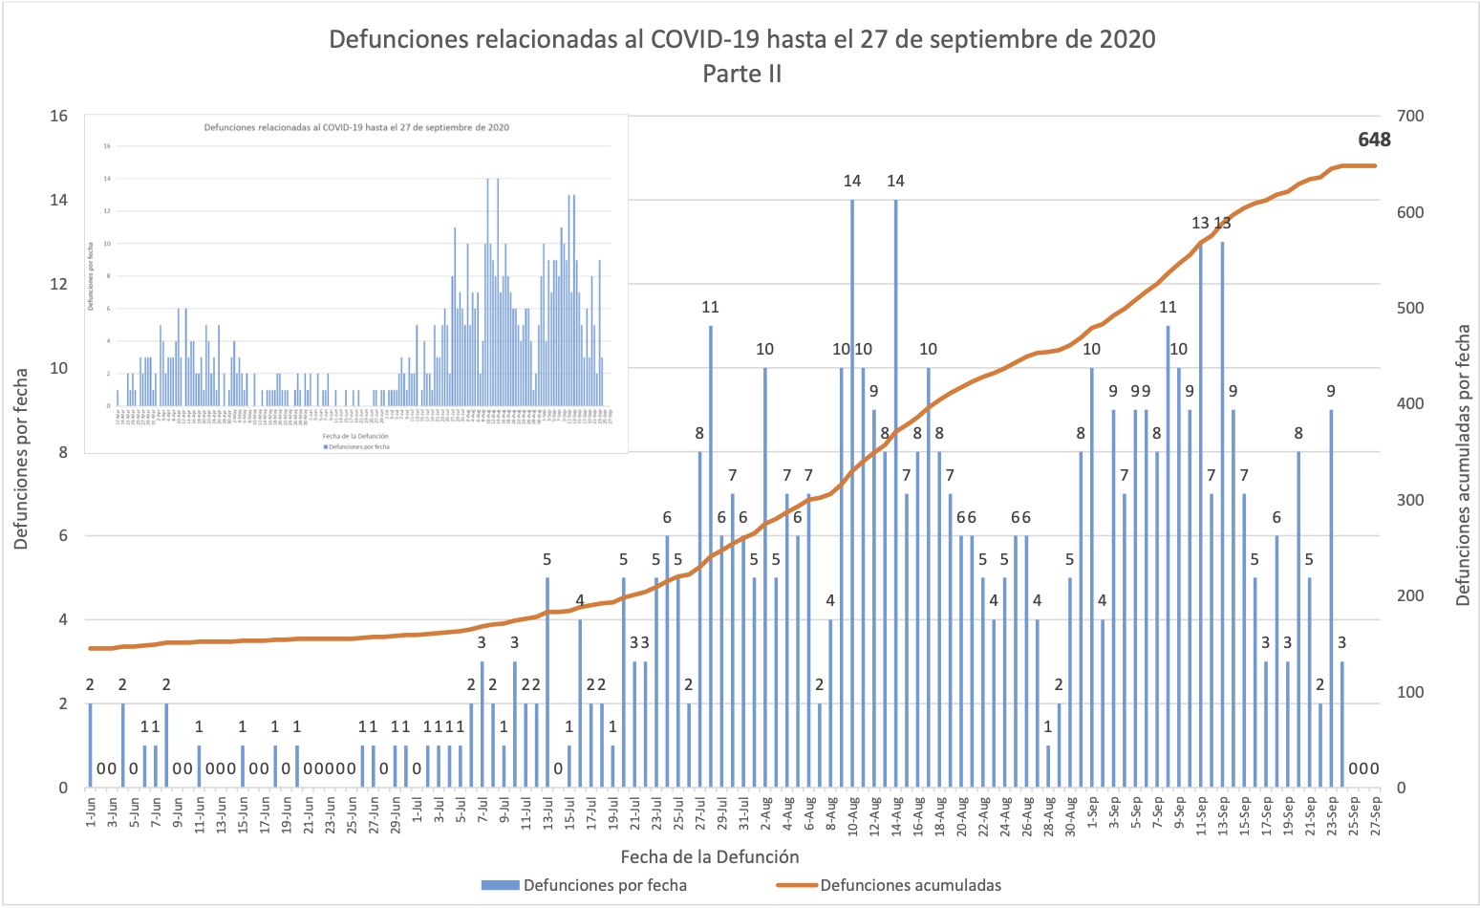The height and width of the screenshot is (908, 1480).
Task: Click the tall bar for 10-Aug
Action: point(852,497)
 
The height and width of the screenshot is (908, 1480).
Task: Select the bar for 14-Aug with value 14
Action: point(895,497)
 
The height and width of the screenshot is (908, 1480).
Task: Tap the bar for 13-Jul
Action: point(547,683)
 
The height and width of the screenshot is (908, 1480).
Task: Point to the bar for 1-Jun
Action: point(91,746)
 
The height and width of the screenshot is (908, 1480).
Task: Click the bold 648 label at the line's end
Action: point(1374,140)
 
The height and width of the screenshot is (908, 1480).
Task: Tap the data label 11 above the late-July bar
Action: point(710,307)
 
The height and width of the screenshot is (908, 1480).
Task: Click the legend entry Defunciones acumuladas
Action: point(912,885)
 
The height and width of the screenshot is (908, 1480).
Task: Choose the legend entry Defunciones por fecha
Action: point(604,885)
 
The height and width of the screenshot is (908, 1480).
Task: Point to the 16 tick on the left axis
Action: point(59,117)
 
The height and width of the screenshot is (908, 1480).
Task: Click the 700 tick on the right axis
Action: point(1410,117)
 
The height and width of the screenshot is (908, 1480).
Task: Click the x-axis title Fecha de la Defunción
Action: point(709,856)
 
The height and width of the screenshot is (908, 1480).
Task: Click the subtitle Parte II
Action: point(742,74)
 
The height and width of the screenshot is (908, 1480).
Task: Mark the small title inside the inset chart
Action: point(356,127)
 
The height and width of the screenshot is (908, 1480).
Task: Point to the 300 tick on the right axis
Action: point(1410,500)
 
